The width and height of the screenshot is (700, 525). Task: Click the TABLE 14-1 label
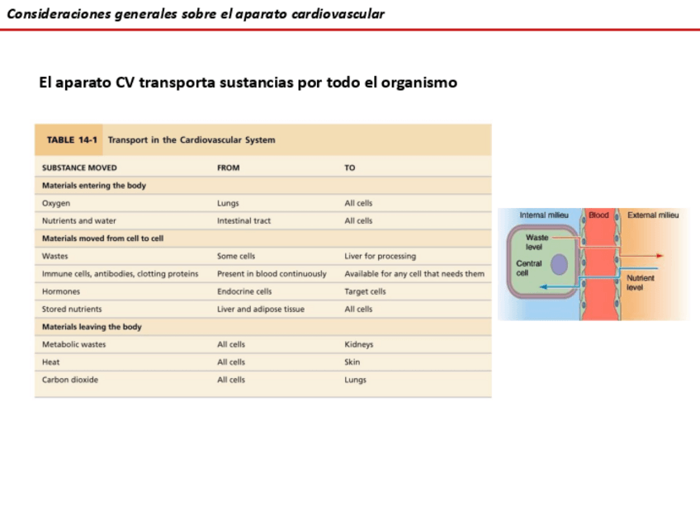pos(71,140)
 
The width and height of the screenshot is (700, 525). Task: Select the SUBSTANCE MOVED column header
pos(79,168)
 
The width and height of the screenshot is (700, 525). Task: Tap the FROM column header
pos(228,168)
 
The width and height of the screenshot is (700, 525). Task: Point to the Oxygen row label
pos(56,203)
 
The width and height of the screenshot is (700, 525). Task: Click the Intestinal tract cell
pos(244,221)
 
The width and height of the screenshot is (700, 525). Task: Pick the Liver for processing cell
pos(380,257)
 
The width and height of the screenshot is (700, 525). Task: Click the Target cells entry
pos(365,291)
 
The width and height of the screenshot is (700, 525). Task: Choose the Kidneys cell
pos(358,344)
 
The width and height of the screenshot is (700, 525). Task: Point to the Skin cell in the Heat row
pos(352,362)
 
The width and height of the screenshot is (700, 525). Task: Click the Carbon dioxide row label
pos(69,380)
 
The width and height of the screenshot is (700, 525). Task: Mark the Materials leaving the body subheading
pos(92,327)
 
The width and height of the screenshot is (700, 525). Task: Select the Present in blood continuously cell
pos(272,274)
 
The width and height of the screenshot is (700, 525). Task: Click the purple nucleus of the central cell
pos(560,264)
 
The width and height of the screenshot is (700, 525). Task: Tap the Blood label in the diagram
pos(598,215)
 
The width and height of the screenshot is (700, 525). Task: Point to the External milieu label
pos(653,215)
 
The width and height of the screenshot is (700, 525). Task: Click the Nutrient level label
pos(641,283)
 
